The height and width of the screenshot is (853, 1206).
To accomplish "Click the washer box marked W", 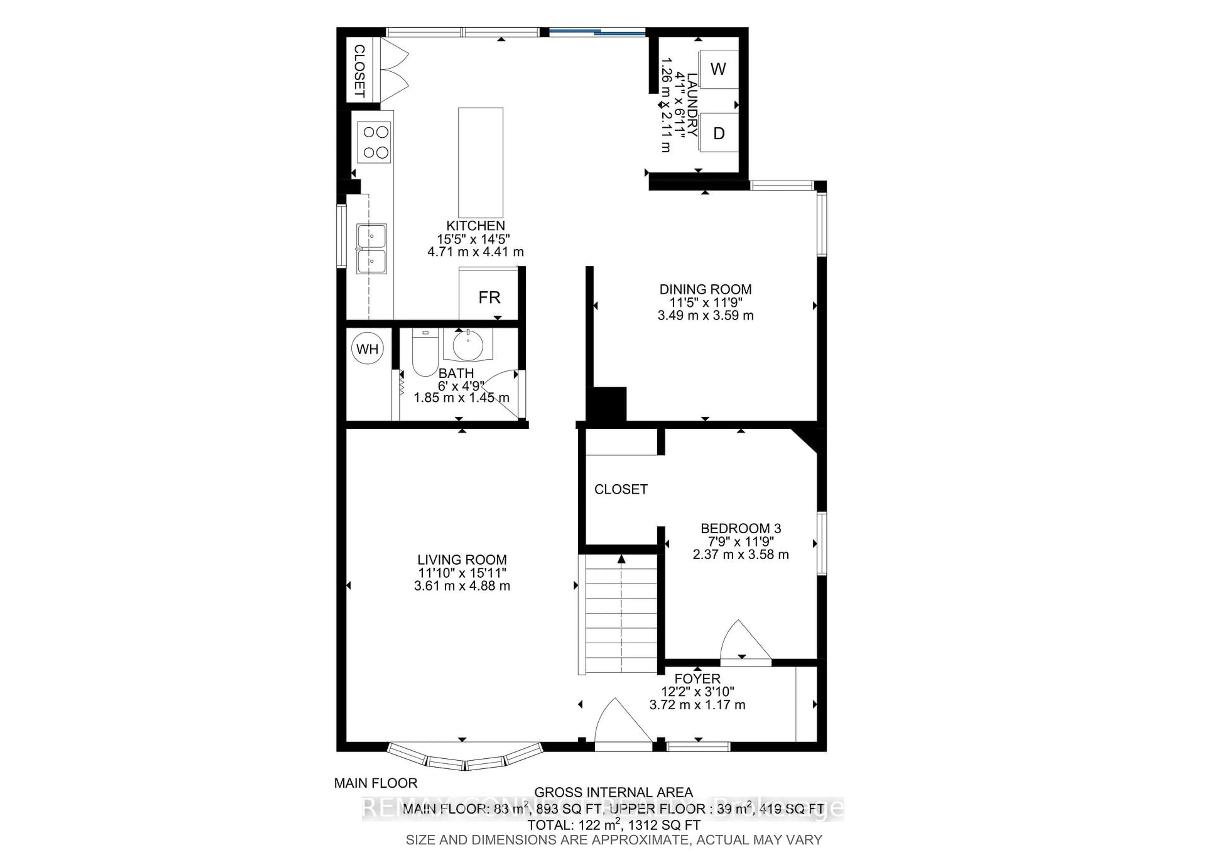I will click(x=718, y=69).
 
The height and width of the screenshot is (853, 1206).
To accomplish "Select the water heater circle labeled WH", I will click(x=367, y=349).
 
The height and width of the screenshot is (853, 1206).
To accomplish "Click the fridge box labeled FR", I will click(x=489, y=297).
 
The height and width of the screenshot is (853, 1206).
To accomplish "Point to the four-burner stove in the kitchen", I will click(x=374, y=142).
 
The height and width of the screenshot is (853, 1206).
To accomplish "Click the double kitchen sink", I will click(x=371, y=249).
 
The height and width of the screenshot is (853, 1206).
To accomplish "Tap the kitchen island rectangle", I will click(x=481, y=162).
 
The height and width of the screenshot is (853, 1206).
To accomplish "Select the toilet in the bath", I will click(x=424, y=355).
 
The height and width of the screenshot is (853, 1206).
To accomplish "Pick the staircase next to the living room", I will click(x=621, y=615).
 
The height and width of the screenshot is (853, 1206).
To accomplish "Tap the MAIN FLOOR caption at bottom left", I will click(x=376, y=783).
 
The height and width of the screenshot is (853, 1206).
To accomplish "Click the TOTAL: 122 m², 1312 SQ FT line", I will click(x=613, y=825).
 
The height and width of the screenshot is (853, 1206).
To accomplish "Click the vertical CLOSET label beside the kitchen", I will click(x=359, y=71).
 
